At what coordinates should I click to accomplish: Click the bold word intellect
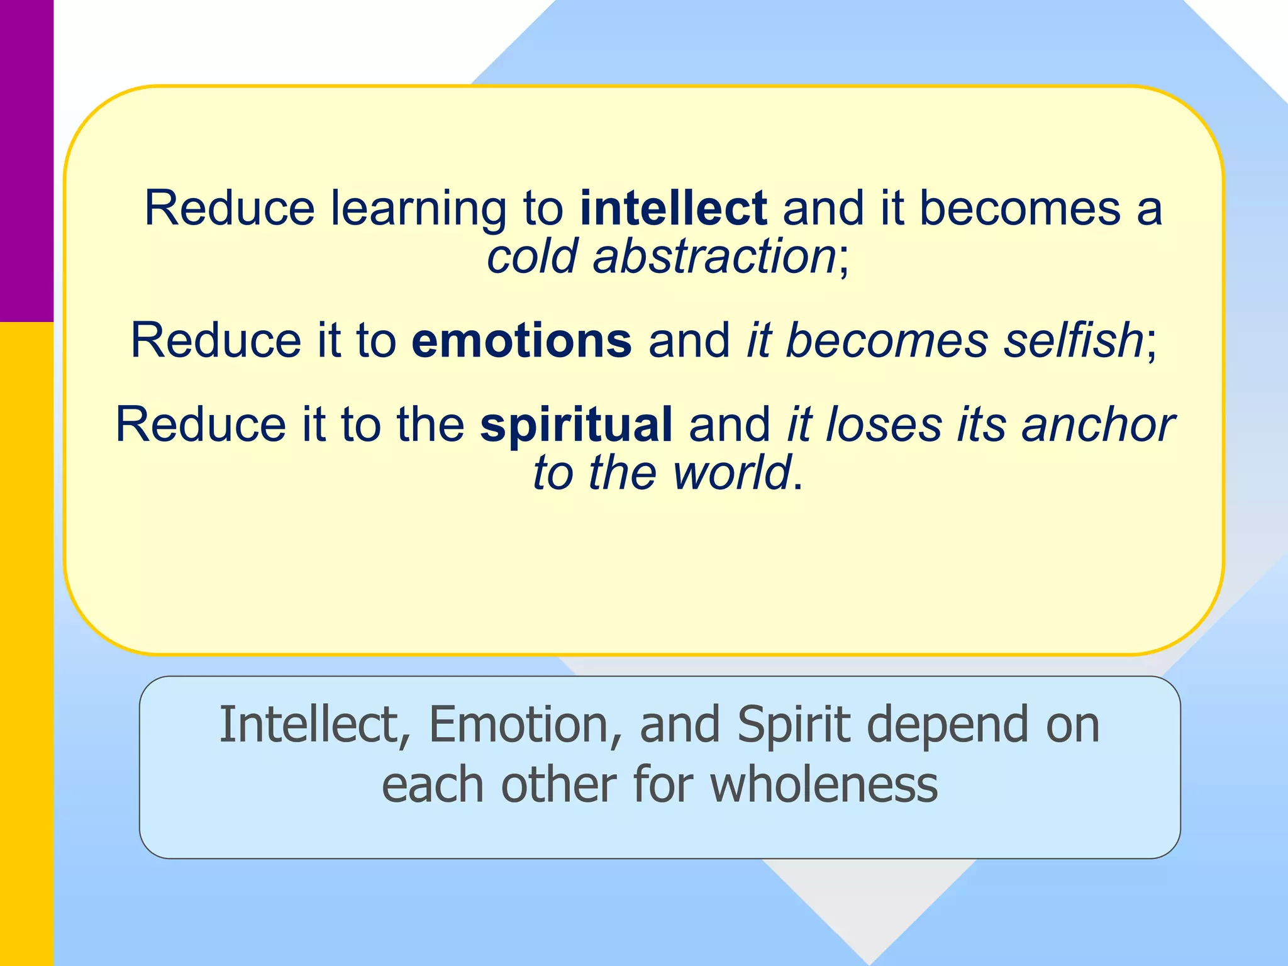pyautogui.click(x=673, y=208)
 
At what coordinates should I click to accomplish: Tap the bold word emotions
pyautogui.click(x=521, y=340)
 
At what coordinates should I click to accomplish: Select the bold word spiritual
pyautogui.click(x=576, y=425)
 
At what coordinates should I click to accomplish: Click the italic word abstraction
pyautogui.click(x=714, y=257)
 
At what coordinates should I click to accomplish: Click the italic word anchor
pyautogui.click(x=1098, y=425)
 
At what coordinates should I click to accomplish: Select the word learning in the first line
pyautogui.click(x=419, y=209)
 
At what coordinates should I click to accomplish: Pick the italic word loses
pyautogui.click(x=884, y=425)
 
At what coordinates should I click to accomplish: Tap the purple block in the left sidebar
pyautogui.click(x=26, y=160)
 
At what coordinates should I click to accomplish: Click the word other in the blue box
pyautogui.click(x=558, y=785)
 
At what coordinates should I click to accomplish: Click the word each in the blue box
pyautogui.click(x=433, y=785)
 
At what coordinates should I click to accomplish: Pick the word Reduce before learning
pyautogui.click(x=230, y=208)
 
